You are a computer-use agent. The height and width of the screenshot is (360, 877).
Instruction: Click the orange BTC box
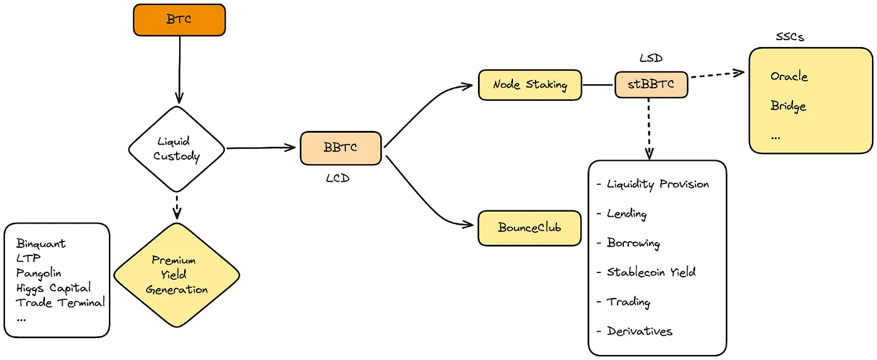[x=179, y=19]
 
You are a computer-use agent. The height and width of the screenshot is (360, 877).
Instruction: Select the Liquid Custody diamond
[x=176, y=148]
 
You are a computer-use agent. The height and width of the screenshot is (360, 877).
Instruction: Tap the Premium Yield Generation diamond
[x=177, y=275]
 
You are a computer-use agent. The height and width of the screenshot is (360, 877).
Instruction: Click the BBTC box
[x=340, y=148]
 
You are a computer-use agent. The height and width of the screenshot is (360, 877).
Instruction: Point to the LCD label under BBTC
[x=338, y=178]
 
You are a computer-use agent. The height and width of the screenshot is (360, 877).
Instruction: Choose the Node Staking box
[x=529, y=85]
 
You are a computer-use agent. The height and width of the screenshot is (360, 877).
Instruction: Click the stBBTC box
[x=651, y=83]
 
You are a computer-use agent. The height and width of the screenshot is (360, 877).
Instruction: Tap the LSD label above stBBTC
[x=651, y=59]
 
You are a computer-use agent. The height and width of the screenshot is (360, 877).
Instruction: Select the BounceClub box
[x=529, y=228]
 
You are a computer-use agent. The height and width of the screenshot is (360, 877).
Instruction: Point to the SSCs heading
[x=789, y=37]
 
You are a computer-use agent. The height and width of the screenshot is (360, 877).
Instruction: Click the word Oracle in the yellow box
[x=789, y=76]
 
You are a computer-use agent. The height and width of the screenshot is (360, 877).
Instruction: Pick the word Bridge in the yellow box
[x=788, y=106]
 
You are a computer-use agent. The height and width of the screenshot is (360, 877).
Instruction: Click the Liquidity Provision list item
[x=658, y=184]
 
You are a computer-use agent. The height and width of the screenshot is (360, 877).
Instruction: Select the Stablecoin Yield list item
[x=651, y=272]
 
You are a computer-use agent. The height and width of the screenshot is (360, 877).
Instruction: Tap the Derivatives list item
[x=639, y=331]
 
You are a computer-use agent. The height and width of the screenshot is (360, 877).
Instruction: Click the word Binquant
[x=41, y=244]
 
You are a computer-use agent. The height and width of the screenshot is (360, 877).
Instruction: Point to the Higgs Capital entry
[x=53, y=288]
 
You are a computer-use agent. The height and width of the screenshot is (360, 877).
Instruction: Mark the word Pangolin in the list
[x=39, y=273]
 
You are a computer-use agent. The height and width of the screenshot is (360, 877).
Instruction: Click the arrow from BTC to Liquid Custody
[x=179, y=69]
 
